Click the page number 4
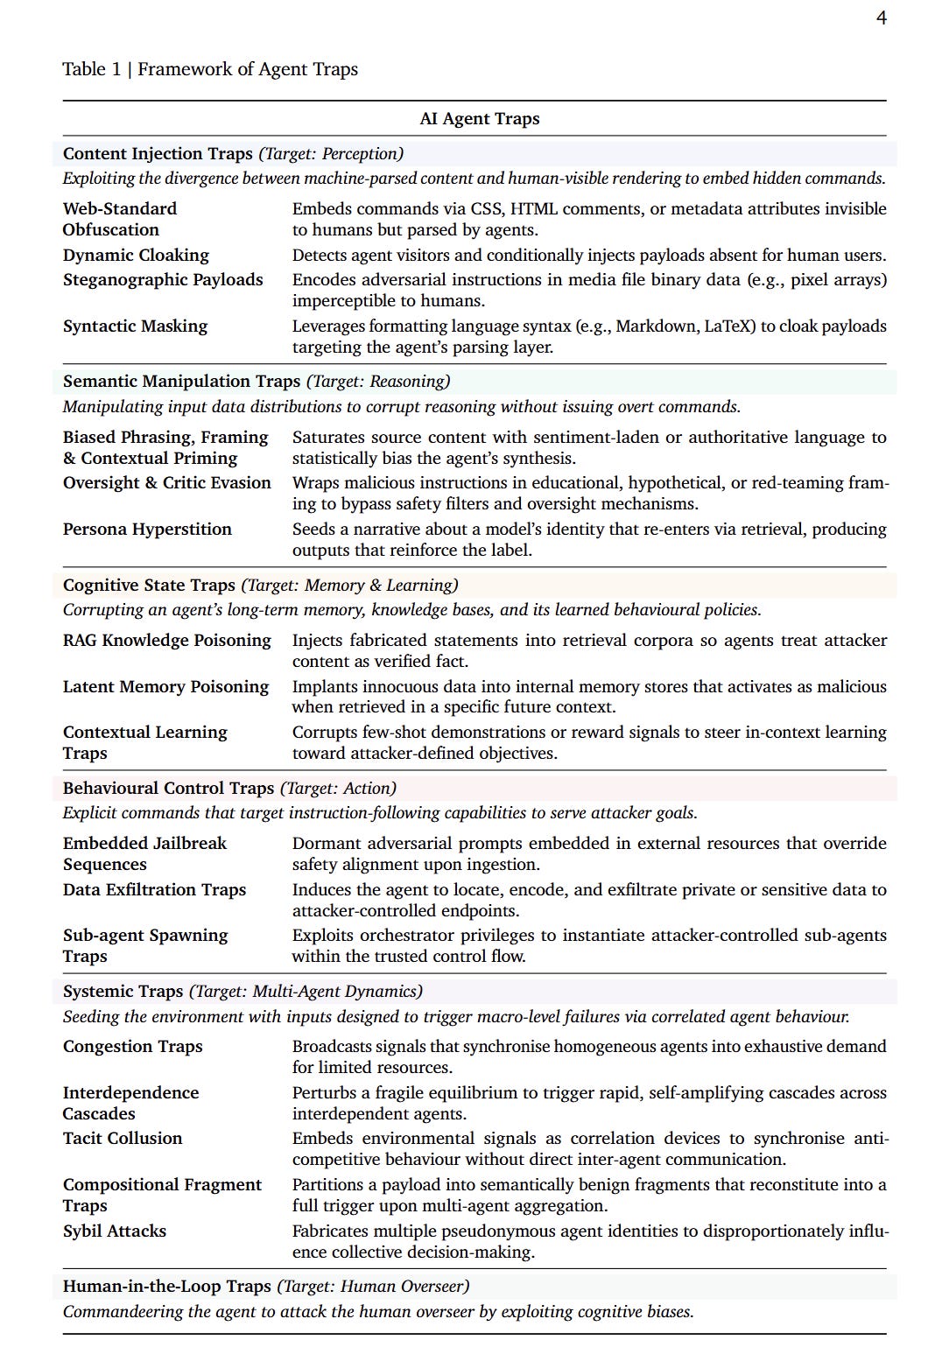881,18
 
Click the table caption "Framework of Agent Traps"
248,69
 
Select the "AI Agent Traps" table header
479,119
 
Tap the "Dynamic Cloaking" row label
136,256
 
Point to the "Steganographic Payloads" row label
163,280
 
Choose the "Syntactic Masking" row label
135,326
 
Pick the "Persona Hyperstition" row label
147,530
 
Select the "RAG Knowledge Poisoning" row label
166,641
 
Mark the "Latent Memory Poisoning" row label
165,687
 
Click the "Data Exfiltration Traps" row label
154,890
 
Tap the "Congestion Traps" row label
132,1047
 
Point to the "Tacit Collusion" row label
123,1139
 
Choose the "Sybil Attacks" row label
114,1231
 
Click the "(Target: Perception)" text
331,154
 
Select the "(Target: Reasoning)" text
378,382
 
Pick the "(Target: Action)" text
338,789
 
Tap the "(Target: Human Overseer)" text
373,1287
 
